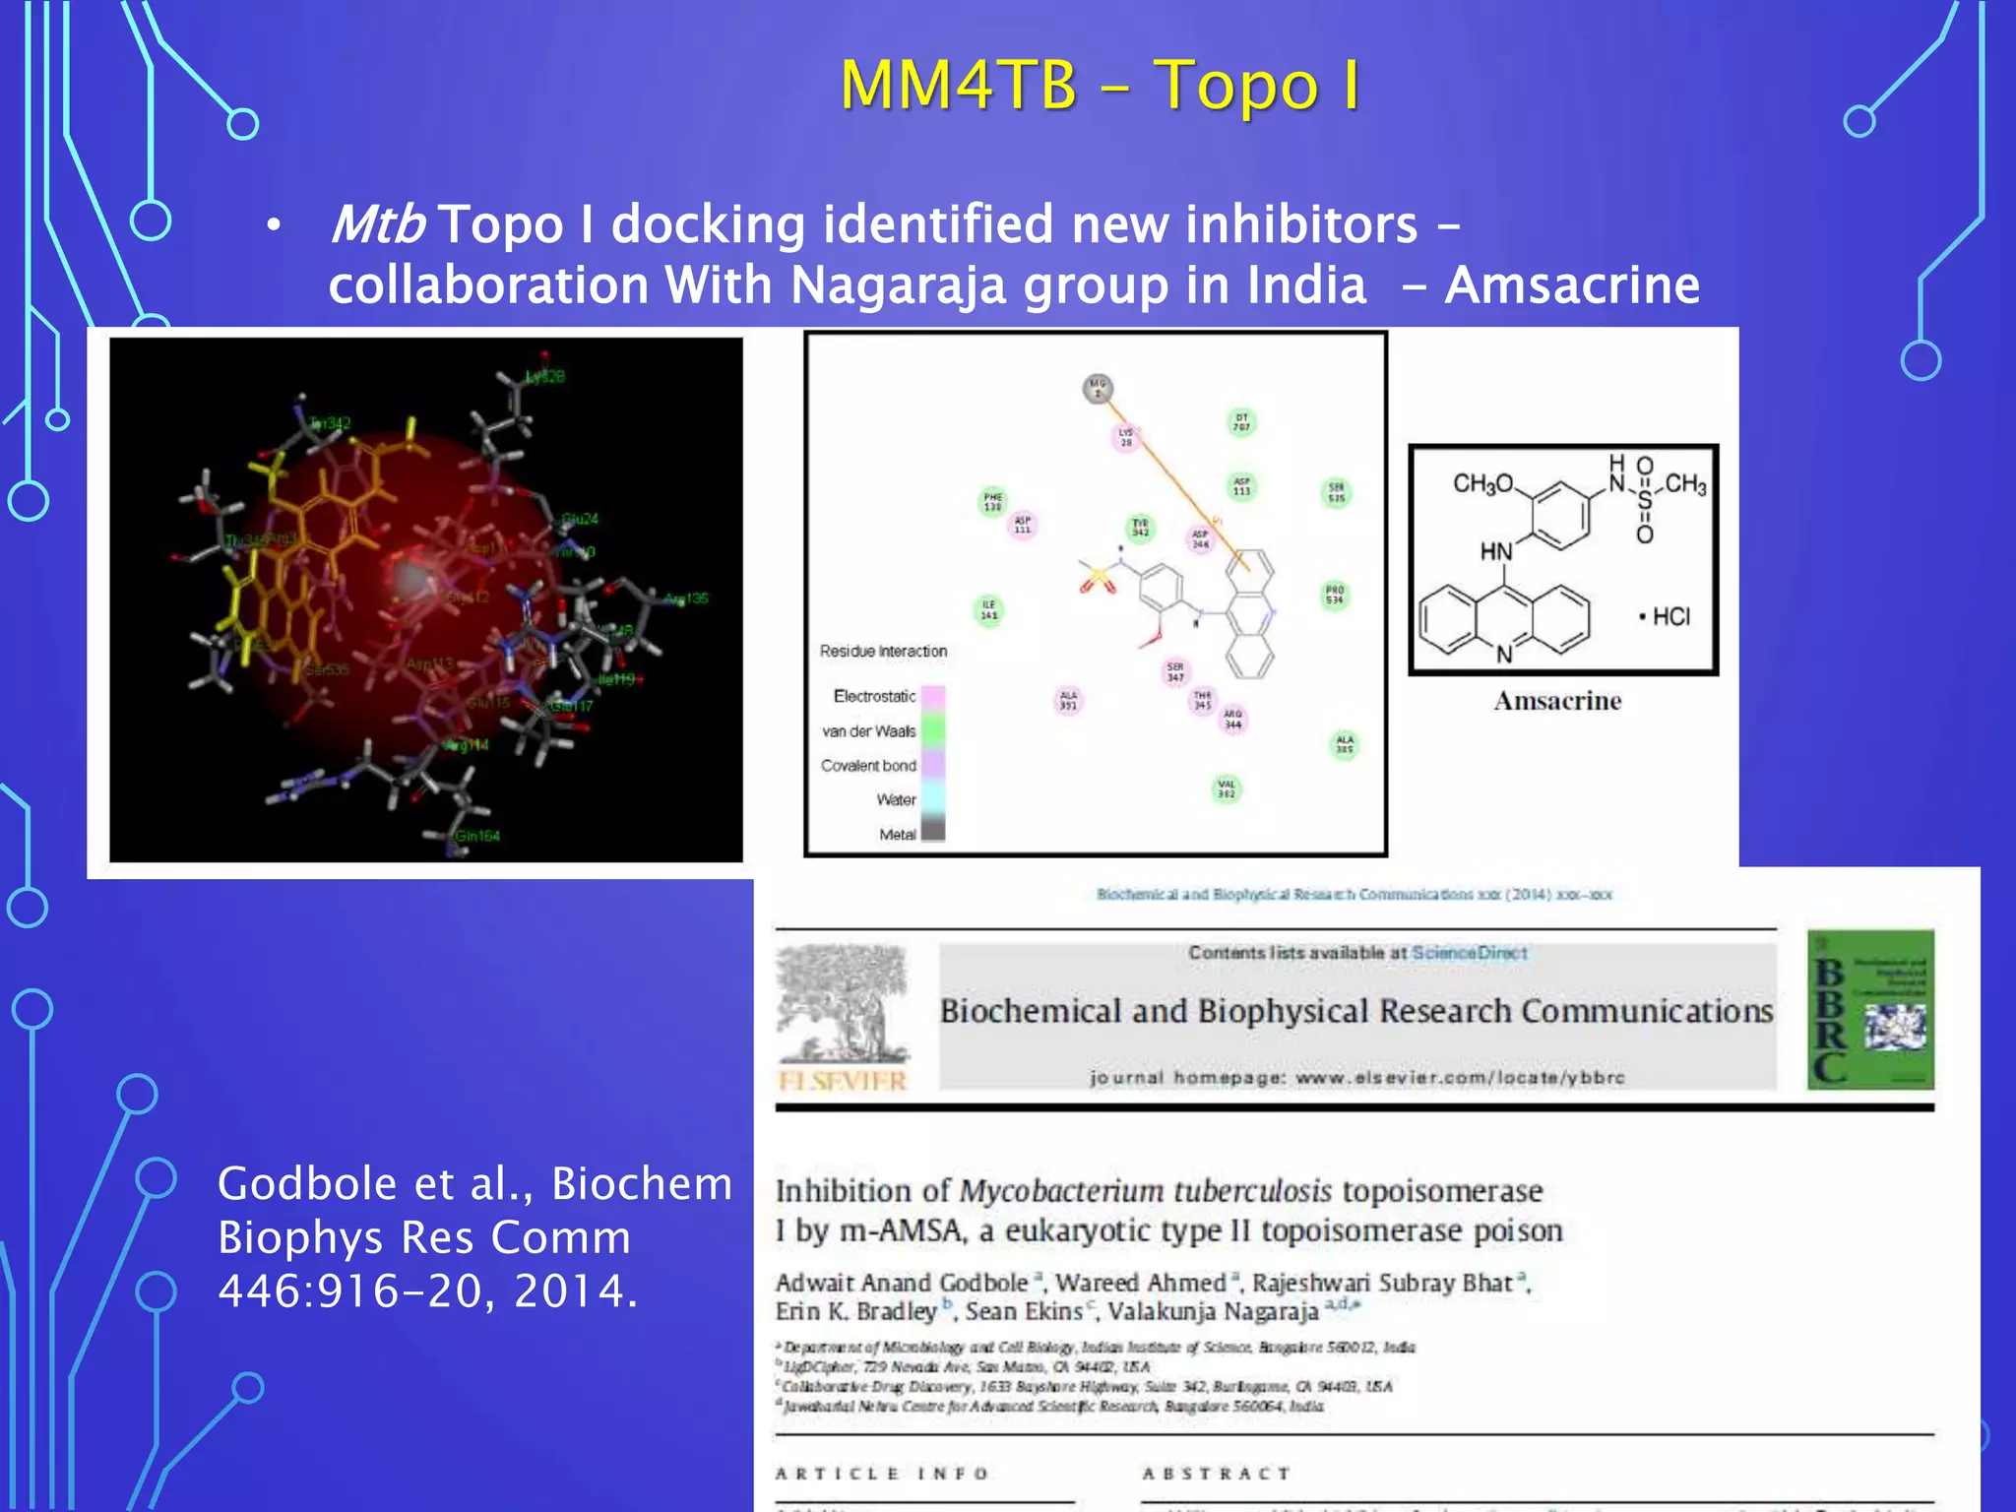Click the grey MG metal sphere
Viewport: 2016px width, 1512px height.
click(x=1098, y=387)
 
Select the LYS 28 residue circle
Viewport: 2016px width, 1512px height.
click(x=1126, y=437)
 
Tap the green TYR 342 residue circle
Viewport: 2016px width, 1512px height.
click(x=1140, y=529)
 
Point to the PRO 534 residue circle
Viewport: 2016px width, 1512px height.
click(x=1335, y=595)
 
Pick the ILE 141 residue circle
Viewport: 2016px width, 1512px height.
click(x=989, y=610)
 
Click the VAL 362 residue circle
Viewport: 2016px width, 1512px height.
click(x=1227, y=789)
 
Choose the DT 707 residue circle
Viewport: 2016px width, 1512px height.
click(x=1242, y=422)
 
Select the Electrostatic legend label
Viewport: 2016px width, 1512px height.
click(x=874, y=696)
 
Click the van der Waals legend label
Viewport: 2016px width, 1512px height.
click(x=869, y=731)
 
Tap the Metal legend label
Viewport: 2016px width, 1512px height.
click(x=897, y=835)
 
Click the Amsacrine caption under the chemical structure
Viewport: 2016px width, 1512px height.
click(x=1557, y=701)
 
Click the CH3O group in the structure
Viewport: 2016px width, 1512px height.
click(x=1482, y=483)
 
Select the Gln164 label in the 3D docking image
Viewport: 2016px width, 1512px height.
click(x=477, y=836)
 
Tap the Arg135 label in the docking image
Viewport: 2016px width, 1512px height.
click(x=686, y=598)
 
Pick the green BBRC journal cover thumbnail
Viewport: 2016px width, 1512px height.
click(x=1870, y=1009)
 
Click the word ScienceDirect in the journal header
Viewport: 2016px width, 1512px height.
click(x=1469, y=953)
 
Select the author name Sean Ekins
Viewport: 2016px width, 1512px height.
click(x=1023, y=1312)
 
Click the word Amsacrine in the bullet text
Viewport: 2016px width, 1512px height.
click(x=1572, y=285)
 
